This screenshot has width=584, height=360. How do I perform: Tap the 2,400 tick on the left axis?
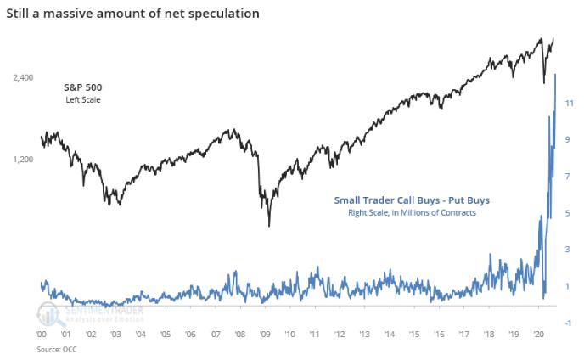pos(23,77)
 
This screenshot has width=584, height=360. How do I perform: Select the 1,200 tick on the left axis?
pos(23,159)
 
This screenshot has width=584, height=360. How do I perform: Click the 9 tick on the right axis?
pos(568,138)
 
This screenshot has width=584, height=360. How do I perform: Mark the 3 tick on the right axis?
pos(568,249)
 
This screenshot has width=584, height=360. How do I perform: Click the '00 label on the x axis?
pos(42,335)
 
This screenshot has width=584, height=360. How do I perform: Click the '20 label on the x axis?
pos(539,335)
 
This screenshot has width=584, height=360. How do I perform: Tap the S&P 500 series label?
pos(83,88)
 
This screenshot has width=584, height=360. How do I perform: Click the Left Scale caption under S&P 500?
pos(83,101)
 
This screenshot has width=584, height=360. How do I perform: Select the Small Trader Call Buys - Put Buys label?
pos(411,200)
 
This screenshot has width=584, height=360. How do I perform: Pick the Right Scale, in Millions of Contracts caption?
pos(411,213)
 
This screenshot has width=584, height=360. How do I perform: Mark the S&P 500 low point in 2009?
pos(269,225)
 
